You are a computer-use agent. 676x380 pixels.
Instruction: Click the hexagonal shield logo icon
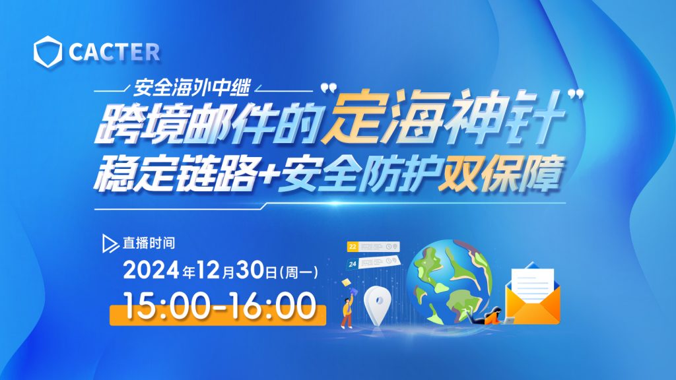48,51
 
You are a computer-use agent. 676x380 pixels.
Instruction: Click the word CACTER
114,52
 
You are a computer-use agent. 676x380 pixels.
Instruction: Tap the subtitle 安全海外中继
191,88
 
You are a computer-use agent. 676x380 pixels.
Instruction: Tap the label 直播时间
149,243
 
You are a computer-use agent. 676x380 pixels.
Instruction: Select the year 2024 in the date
151,270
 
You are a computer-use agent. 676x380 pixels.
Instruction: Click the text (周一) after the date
299,272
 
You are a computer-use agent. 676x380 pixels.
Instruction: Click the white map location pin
378,305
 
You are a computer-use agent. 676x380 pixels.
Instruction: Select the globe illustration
449,282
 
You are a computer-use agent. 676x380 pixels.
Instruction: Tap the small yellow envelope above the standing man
346,282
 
